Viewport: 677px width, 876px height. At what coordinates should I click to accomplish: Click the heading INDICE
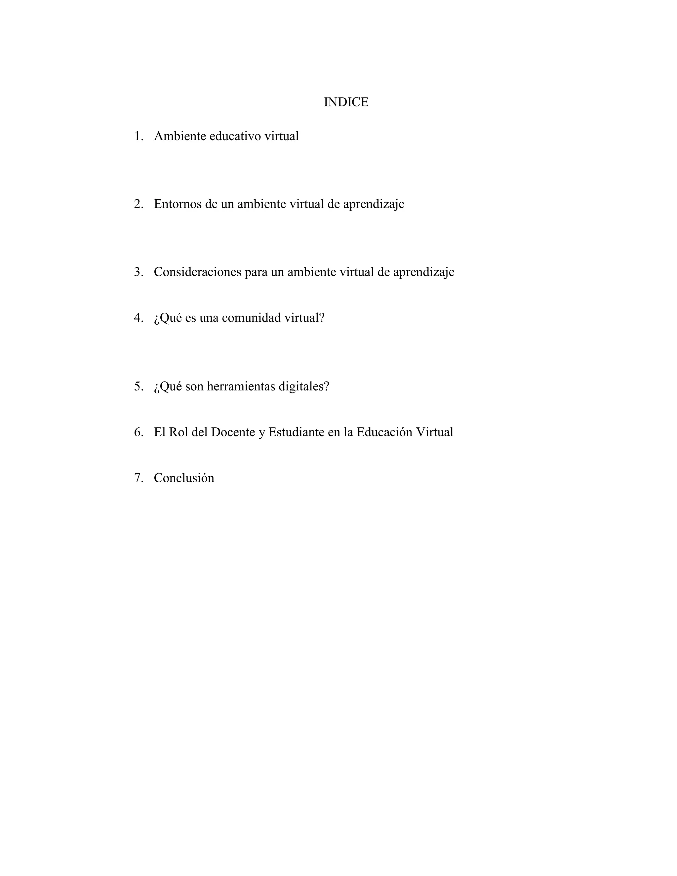tap(346, 102)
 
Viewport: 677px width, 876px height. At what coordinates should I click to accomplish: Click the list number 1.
tap(139, 137)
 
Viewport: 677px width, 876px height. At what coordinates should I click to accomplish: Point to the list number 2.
tap(139, 204)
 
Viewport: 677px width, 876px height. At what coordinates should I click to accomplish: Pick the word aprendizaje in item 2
tap(374, 205)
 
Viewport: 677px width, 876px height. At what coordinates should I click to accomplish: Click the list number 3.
tap(139, 272)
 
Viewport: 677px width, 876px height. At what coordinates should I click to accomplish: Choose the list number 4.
tap(139, 318)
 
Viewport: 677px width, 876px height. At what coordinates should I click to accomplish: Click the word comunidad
tap(251, 318)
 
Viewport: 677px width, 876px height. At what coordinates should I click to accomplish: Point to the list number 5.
tap(139, 387)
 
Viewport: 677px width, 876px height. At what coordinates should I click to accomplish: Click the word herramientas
tap(241, 387)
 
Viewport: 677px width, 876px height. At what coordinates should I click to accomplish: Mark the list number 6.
tap(139, 432)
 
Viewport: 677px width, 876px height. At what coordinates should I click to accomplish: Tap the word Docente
tap(233, 432)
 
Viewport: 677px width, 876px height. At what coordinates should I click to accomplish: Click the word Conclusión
tap(184, 478)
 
